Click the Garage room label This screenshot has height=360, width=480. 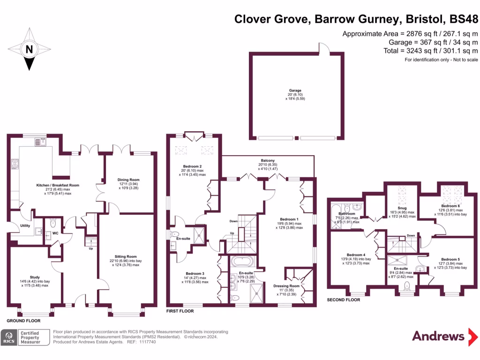click(x=295, y=90)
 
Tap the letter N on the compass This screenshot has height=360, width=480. click(x=29, y=49)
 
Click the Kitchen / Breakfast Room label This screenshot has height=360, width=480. click(x=58, y=185)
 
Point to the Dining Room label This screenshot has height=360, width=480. click(x=128, y=180)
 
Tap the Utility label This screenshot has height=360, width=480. click(x=25, y=225)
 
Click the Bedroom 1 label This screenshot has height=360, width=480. click(x=289, y=219)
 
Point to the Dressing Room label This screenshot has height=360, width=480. click(x=286, y=285)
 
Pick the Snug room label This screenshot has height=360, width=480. click(x=402, y=208)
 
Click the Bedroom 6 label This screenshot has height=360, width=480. click(x=450, y=206)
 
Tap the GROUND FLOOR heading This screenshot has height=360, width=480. click(x=23, y=321)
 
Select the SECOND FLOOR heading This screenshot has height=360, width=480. click(x=344, y=300)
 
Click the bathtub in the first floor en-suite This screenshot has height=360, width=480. click(x=242, y=261)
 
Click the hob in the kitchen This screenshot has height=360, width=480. click(x=15, y=164)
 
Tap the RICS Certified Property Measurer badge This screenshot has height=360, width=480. click(x=26, y=337)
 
